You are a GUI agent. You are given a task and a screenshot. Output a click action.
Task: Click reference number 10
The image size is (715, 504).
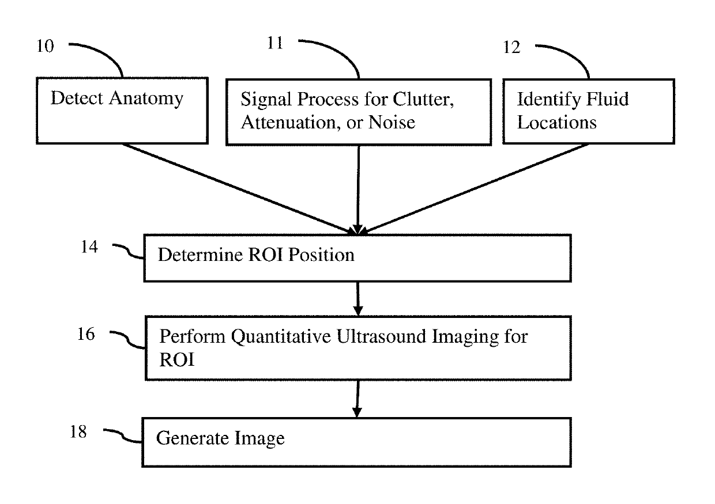pyautogui.click(x=46, y=46)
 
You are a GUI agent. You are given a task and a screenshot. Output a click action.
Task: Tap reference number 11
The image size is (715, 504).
pyautogui.click(x=275, y=43)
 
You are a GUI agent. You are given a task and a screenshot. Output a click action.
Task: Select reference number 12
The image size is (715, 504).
pyautogui.click(x=511, y=47)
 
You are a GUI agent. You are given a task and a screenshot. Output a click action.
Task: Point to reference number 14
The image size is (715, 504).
pyautogui.click(x=89, y=247)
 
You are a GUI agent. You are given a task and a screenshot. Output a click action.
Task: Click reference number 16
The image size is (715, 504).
pyautogui.click(x=86, y=335)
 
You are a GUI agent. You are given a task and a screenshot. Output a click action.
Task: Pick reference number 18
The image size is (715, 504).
pyautogui.click(x=78, y=432)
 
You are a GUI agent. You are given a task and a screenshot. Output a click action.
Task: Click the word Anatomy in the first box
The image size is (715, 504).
pyautogui.click(x=146, y=99)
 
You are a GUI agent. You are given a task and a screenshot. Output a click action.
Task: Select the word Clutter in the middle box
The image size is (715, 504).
pyautogui.click(x=423, y=100)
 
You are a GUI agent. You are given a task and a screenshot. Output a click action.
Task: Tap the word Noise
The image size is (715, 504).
pyautogui.click(x=392, y=123)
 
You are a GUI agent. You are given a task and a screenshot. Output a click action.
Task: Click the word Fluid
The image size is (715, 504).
pyautogui.click(x=608, y=99)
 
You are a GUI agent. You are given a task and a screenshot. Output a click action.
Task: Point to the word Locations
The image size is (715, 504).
pyautogui.click(x=556, y=123)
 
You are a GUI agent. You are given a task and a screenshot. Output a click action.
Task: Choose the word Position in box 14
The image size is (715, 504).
pyautogui.click(x=321, y=255)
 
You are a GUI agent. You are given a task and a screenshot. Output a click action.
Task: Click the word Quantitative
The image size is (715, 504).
pyautogui.click(x=281, y=338)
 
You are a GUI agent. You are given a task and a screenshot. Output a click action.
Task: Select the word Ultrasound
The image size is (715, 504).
pyautogui.click(x=382, y=336)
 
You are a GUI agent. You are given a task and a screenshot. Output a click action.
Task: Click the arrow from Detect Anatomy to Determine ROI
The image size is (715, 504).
pyautogui.click(x=239, y=189)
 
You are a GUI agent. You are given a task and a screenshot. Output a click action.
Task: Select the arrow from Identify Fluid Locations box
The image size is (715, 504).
pyautogui.click(x=475, y=189)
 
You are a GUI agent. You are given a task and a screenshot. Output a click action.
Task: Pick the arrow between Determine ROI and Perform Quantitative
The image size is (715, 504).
pyautogui.click(x=358, y=299)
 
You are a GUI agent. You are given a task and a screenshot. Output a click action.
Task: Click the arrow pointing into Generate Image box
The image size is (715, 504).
pyautogui.click(x=357, y=399)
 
